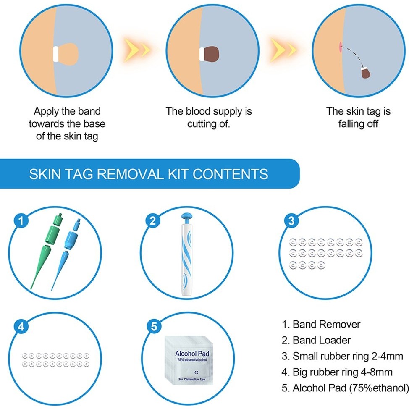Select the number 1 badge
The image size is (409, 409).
pyautogui.click(x=21, y=221)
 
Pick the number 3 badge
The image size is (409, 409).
pyautogui.click(x=291, y=221)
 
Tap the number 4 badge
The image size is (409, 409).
pyautogui.click(x=21, y=327)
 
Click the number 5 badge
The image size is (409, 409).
pyautogui.click(x=154, y=327)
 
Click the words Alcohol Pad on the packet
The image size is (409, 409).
pyautogui.click(x=192, y=354)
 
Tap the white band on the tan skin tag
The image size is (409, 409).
pyautogui.click(x=55, y=54)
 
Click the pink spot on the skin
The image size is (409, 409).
pyautogui.click(x=340, y=47)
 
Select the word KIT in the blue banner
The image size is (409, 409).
pyautogui.click(x=178, y=174)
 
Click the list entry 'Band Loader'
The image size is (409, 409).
pyautogui.click(x=316, y=340)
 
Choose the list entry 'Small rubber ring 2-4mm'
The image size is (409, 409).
pyautogui.click(x=342, y=356)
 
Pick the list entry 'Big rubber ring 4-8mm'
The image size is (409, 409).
pyautogui.click(x=337, y=372)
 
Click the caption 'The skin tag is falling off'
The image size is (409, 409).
pyautogui.click(x=358, y=118)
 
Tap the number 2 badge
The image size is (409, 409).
pyautogui.click(x=152, y=221)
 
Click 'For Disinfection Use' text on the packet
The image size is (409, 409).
pyautogui.click(x=192, y=379)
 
